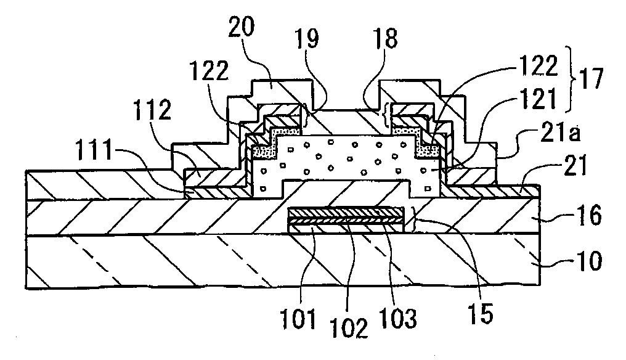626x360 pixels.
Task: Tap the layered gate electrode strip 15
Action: [345, 219]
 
